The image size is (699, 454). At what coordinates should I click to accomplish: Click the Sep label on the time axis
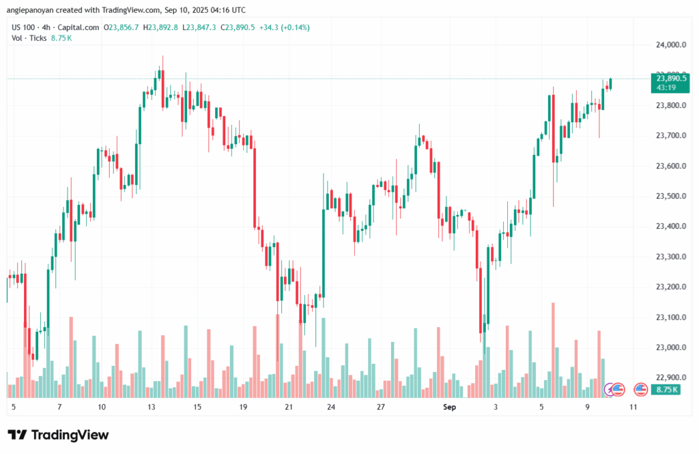coord(448,407)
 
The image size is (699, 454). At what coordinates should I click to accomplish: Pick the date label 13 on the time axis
coord(152,407)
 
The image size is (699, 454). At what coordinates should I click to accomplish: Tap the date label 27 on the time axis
coord(381,407)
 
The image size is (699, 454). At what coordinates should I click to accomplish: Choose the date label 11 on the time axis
coord(633,407)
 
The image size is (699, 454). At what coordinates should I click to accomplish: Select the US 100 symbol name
coord(24,27)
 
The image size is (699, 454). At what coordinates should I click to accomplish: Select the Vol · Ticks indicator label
coord(29,38)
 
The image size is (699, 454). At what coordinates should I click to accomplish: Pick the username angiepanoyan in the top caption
coord(31,10)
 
